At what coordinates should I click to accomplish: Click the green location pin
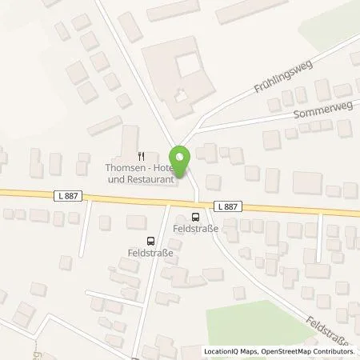point(180,160)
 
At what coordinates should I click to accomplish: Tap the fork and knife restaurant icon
point(141,157)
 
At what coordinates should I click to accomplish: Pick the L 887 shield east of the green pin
point(227,206)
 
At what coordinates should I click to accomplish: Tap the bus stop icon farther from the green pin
point(150,241)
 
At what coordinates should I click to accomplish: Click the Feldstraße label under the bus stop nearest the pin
point(196,228)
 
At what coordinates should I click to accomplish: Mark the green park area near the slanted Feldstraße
point(264,320)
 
